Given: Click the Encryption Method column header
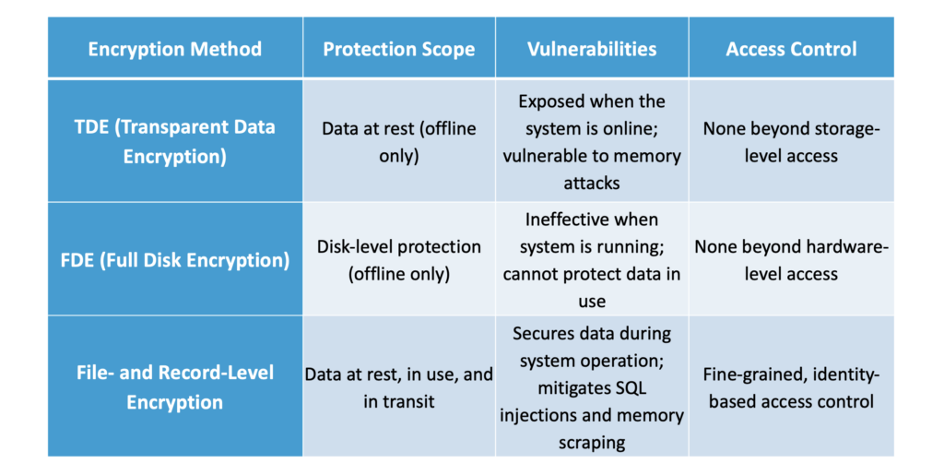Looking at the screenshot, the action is pos(175,49).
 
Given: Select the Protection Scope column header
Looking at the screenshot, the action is pos(398,49).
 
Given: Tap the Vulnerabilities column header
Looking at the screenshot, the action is pos(592,49).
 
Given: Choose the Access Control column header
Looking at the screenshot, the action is pos(791,49).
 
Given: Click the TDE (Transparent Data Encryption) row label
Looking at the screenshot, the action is pos(175,141).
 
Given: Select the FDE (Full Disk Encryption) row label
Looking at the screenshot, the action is pos(175,260).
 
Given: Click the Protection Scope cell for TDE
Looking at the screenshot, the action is pos(398,142).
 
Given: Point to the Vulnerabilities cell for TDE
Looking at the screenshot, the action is pos(592,142).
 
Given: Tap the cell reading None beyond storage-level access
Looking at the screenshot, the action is pos(791,142).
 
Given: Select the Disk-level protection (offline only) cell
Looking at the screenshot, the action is pos(398,260).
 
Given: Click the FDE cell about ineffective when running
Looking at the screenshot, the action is pos(592,260).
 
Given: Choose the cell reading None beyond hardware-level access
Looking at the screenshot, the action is pos(791,260).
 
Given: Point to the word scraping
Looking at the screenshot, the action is pos(592,443).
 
